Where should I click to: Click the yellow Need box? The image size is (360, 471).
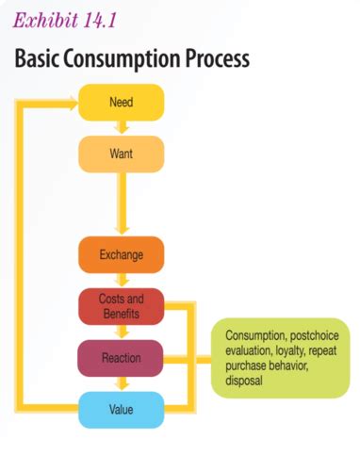121,102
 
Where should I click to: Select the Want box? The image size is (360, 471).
121,154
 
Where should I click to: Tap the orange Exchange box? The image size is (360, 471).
121,254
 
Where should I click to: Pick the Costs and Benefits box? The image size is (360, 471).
121,305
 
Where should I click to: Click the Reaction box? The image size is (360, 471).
121,358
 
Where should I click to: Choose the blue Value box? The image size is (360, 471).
121,408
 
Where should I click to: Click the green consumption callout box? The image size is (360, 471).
279,358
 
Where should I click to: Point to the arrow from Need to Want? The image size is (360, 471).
121,128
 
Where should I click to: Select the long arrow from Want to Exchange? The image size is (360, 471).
121,203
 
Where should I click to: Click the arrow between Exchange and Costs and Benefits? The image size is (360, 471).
121,280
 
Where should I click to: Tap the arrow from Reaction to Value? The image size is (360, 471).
121,383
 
